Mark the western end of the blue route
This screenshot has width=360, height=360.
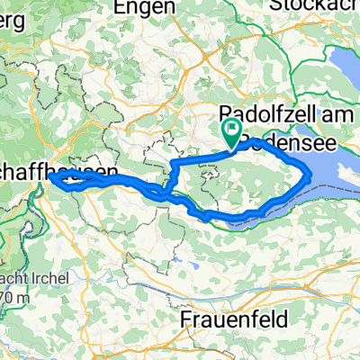click(50, 176)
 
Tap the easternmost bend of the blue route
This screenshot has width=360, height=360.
click(310, 171)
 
